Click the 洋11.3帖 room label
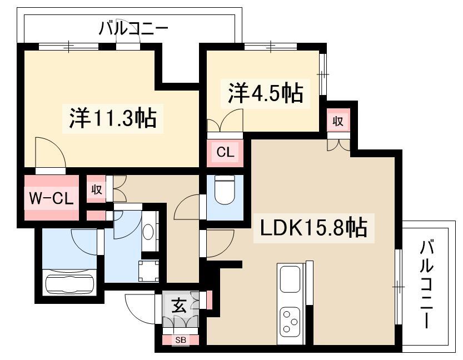[x=113, y=118]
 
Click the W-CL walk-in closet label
[x=51, y=198]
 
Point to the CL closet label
[x=226, y=152]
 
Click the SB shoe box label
[x=181, y=340]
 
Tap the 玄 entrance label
[x=178, y=307]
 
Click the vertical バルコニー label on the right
[x=427, y=283]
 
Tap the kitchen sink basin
[x=290, y=278]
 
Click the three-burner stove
[x=290, y=321]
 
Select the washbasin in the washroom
[x=150, y=231]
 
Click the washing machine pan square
[x=149, y=271]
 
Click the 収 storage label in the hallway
[x=96, y=189]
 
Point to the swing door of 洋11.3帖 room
[x=49, y=150]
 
